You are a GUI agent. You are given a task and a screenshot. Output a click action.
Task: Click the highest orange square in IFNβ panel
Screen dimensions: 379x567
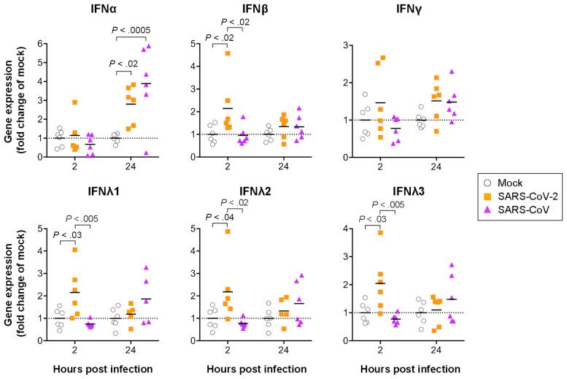pyautogui.click(x=228, y=53)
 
